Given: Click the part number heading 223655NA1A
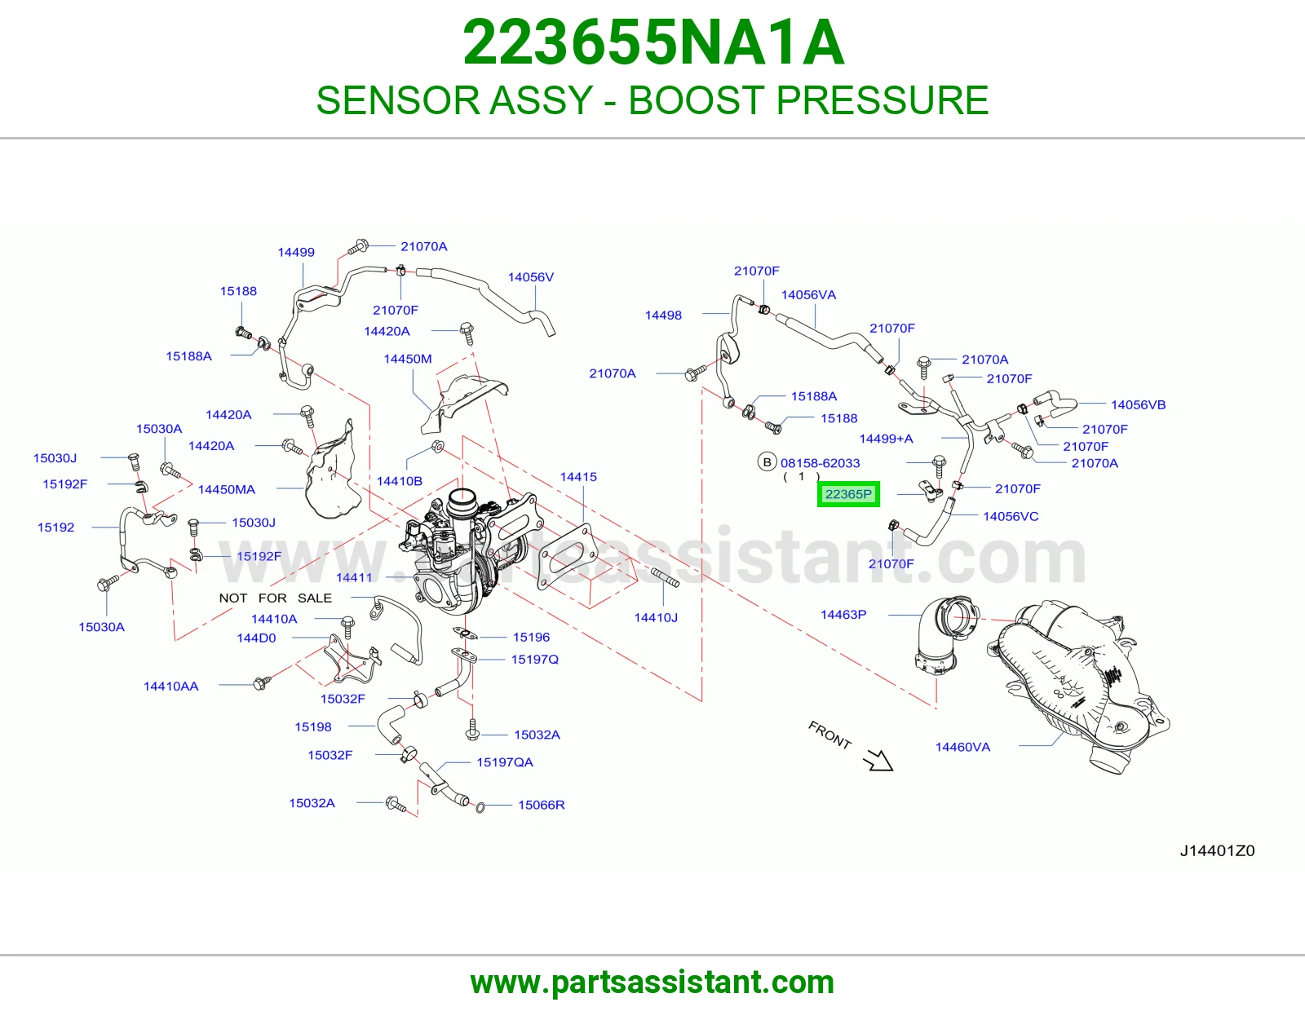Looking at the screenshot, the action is click(x=653, y=42).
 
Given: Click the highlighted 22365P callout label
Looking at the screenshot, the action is click(x=848, y=494).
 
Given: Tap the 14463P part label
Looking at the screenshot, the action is click(x=843, y=614).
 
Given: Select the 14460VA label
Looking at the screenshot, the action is click(x=962, y=747).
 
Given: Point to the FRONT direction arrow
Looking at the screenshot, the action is click(x=878, y=760).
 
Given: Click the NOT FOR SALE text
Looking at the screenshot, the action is click(x=275, y=598).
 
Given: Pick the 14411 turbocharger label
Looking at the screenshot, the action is click(x=354, y=577).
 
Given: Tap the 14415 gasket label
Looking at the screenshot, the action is click(x=578, y=477).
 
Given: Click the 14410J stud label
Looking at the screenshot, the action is click(x=656, y=617).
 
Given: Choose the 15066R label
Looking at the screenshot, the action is click(x=541, y=805).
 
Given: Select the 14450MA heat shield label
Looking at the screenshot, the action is click(x=227, y=489).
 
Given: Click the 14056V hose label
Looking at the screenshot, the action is click(x=531, y=276).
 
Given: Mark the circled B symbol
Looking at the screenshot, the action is click(x=767, y=462).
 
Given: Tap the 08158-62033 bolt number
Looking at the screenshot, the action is click(x=820, y=463).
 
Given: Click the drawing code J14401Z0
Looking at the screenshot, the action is click(x=1217, y=850).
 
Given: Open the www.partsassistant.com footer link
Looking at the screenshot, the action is click(x=652, y=982).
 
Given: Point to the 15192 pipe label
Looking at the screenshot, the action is click(x=55, y=528).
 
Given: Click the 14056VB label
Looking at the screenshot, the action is click(x=1138, y=404).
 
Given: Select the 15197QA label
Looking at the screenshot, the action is click(x=504, y=762).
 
